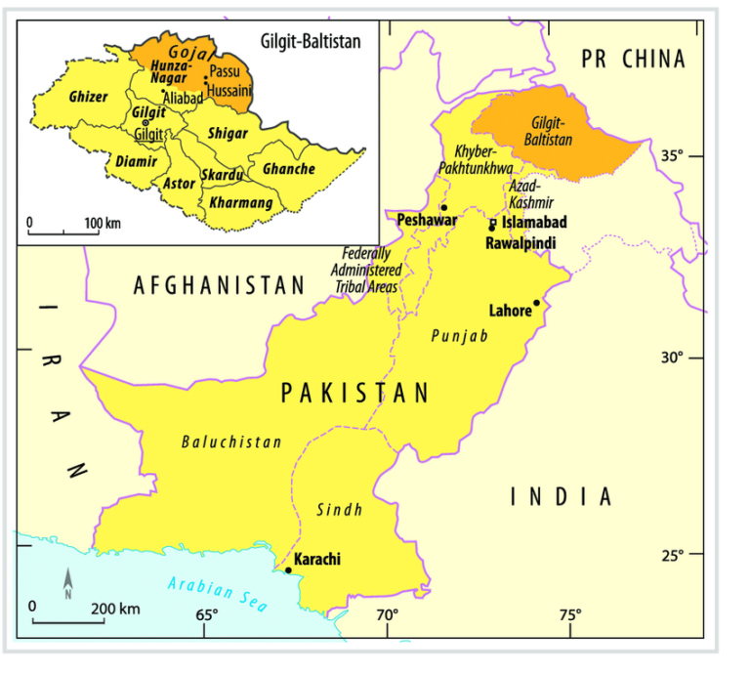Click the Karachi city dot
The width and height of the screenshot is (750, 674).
tap(288, 569)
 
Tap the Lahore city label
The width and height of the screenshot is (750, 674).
tap(510, 312)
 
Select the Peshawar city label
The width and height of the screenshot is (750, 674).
tap(427, 221)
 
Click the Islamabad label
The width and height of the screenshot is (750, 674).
tap(534, 224)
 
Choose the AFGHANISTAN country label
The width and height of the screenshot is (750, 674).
tap(220, 285)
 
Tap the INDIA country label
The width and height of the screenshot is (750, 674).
tap(562, 496)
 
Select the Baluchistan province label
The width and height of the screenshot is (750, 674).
tap(231, 442)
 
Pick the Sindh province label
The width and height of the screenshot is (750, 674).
tap(340, 509)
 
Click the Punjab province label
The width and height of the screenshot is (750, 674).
tap(459, 335)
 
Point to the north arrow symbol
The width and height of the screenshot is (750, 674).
tap(67, 584)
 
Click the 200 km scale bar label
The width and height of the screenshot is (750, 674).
tap(115, 609)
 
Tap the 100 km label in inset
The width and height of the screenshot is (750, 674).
tap(102, 224)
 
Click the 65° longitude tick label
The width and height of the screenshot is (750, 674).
tap(206, 614)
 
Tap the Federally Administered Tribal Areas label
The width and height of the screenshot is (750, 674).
tap(366, 269)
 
